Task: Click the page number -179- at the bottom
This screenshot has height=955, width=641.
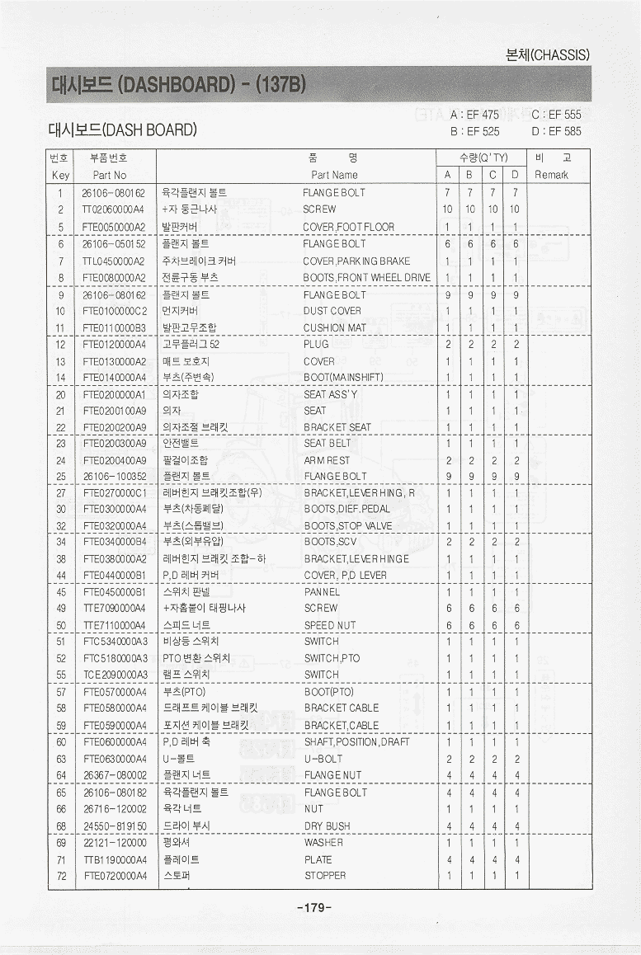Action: tap(313, 908)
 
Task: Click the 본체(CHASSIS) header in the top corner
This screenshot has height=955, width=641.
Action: tap(547, 55)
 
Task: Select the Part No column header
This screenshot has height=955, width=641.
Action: tap(110, 175)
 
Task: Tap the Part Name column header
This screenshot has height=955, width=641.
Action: tap(334, 175)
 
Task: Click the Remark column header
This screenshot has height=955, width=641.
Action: tap(552, 175)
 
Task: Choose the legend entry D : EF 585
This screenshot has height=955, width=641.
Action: tap(557, 130)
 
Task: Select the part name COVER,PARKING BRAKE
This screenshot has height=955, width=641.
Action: tap(356, 261)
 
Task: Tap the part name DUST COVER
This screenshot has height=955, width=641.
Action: tap(332, 312)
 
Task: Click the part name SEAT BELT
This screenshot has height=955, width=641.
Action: tap(328, 444)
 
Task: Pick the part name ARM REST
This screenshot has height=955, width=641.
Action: tap(327, 460)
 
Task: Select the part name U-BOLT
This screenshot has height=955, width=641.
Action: tap(323, 759)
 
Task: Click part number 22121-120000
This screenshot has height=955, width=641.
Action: tap(114, 843)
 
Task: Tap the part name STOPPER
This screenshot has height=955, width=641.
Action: tap(325, 876)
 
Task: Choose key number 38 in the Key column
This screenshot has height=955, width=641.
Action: tap(61, 559)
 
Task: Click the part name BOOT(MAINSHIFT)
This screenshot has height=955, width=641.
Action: tap(343, 378)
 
